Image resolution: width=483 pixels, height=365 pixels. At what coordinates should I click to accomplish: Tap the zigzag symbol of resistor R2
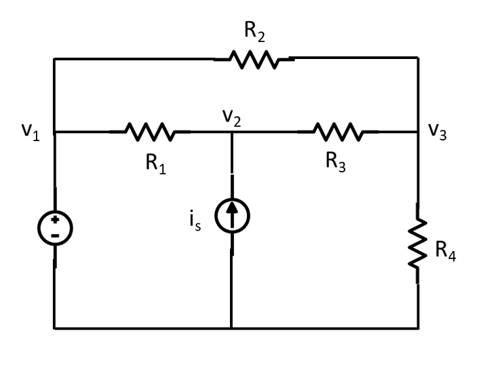click(x=254, y=60)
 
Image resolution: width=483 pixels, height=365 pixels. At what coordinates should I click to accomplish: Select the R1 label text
click(x=155, y=165)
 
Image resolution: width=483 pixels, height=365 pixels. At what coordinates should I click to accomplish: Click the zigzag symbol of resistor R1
click(x=149, y=132)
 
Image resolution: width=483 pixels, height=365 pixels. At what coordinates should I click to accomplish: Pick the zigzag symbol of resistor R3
click(x=337, y=132)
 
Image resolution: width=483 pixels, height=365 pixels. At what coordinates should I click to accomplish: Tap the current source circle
click(x=232, y=216)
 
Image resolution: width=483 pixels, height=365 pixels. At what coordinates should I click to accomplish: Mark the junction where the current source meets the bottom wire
click(x=232, y=329)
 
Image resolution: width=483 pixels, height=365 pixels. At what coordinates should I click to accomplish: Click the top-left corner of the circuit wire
click(x=55, y=59)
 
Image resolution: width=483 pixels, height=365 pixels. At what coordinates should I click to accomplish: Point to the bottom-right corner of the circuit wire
click(x=418, y=329)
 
